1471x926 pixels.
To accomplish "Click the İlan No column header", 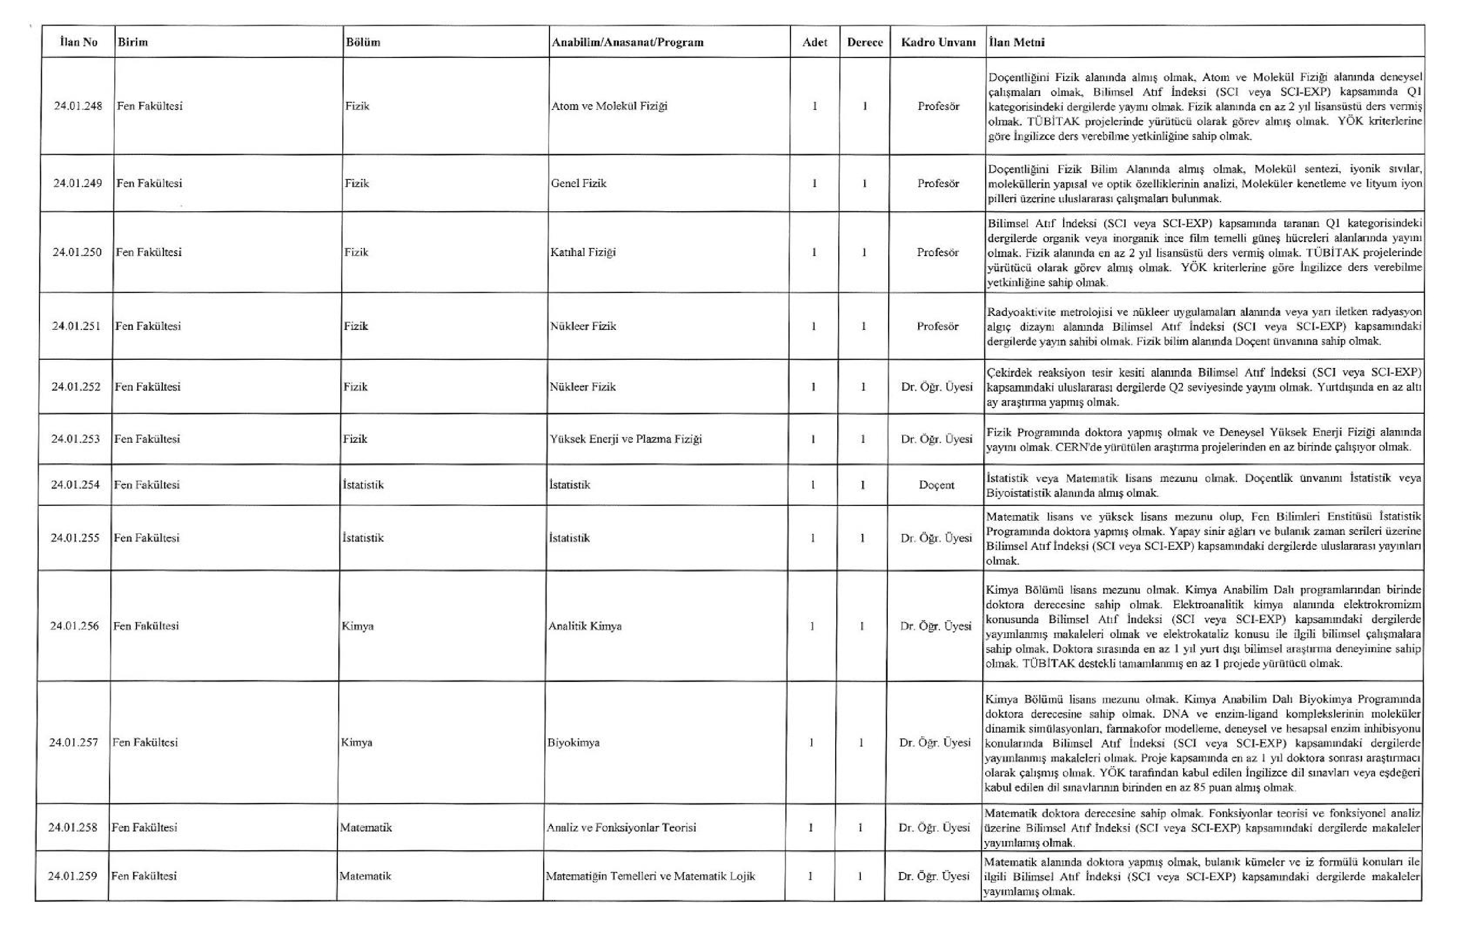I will (x=79, y=42).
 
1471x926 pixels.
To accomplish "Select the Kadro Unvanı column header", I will (x=938, y=42).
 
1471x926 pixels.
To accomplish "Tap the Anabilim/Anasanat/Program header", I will (x=628, y=42).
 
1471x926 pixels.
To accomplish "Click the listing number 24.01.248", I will (x=78, y=106).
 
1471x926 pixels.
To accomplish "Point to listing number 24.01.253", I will (x=76, y=439).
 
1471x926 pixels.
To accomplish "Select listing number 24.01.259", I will (x=73, y=876).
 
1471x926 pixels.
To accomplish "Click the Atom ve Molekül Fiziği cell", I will (x=609, y=106).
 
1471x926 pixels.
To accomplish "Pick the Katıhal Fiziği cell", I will (x=583, y=252).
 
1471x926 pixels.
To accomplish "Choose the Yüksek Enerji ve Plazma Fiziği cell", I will (x=626, y=439).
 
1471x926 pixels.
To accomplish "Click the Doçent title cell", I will (x=936, y=485).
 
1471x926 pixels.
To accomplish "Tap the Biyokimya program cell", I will (x=574, y=743).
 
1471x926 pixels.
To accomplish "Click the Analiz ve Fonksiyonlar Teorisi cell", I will (x=621, y=828).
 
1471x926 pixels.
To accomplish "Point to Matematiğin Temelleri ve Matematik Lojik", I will (x=651, y=876).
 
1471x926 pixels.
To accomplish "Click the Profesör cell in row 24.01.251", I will (x=938, y=326).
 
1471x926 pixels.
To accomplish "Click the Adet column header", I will (x=815, y=42).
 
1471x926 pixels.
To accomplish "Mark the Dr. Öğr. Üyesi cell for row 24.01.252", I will (x=936, y=387).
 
